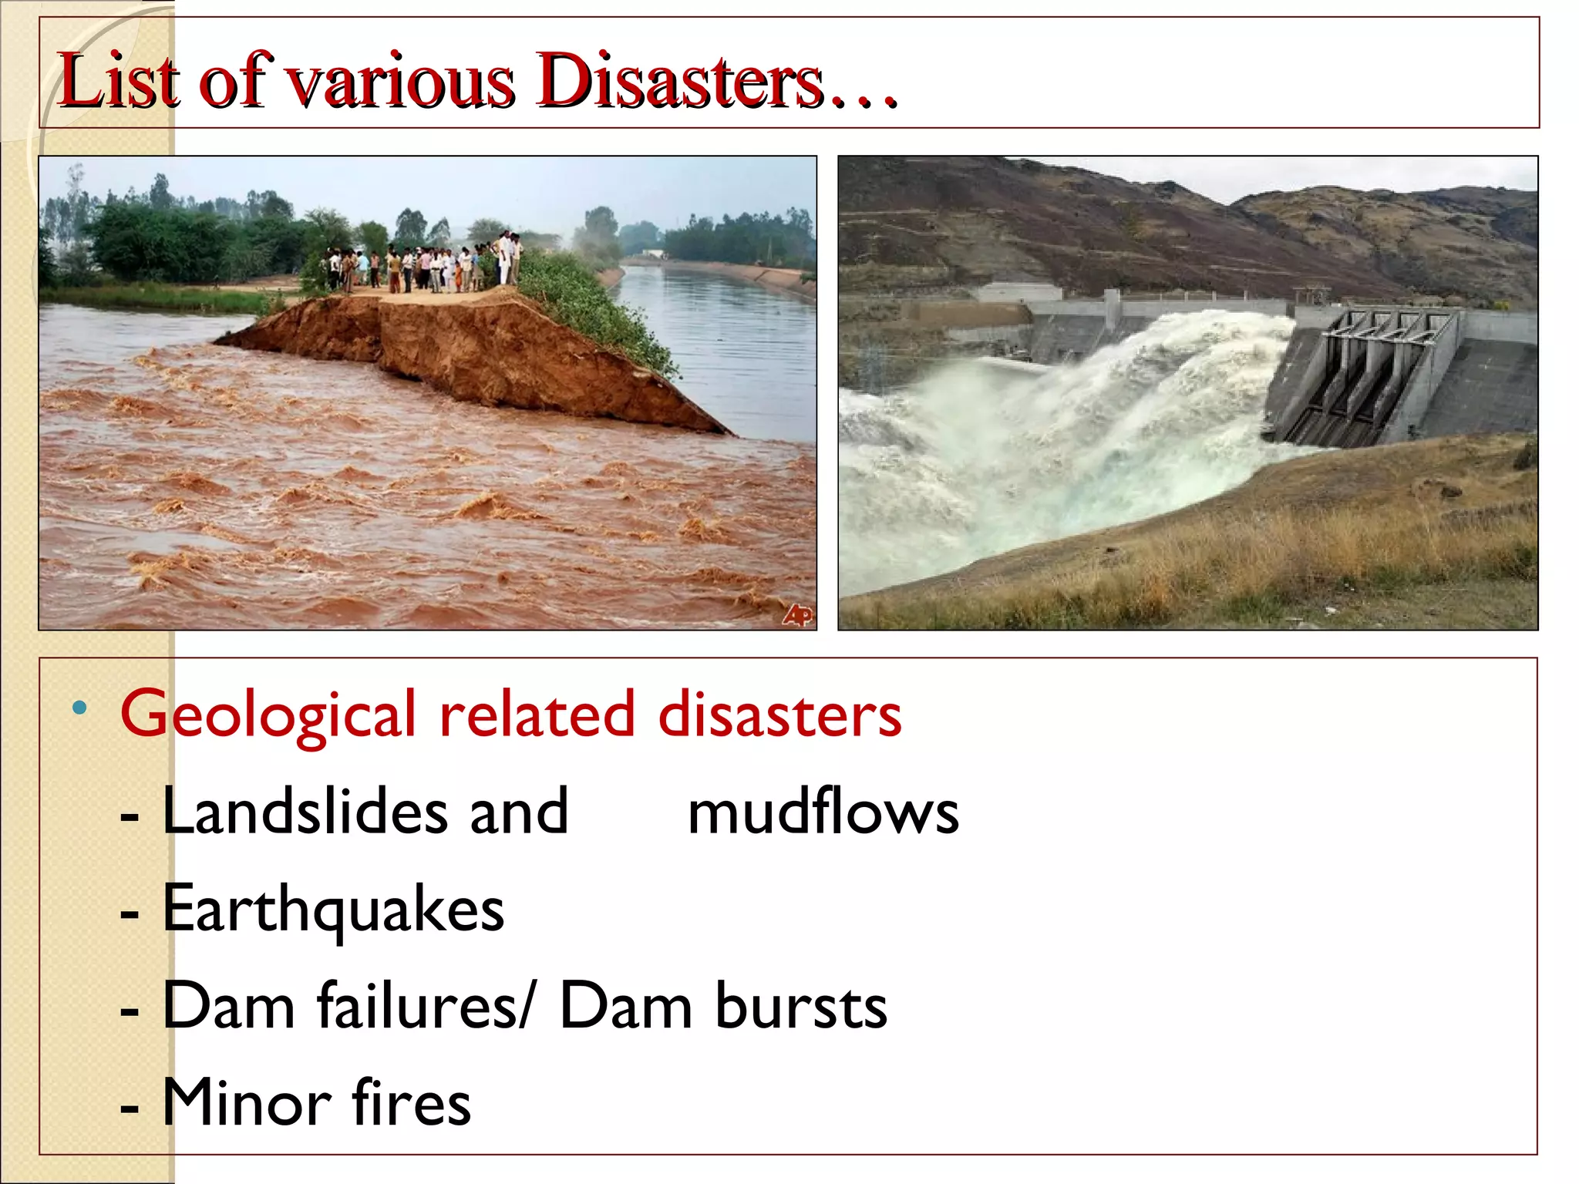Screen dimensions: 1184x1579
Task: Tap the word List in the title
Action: pyautogui.click(x=119, y=80)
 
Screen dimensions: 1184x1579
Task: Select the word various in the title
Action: pyautogui.click(x=400, y=82)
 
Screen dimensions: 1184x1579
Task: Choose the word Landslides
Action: pyautogui.click(x=305, y=811)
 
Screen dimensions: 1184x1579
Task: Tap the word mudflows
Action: pyautogui.click(x=823, y=812)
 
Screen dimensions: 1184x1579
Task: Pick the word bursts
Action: pyautogui.click(x=801, y=1006)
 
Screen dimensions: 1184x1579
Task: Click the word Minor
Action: pyautogui.click(x=247, y=1102)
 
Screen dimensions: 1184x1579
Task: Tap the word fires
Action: pyautogui.click(x=412, y=1102)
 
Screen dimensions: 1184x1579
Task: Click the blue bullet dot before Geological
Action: pyautogui.click(x=79, y=708)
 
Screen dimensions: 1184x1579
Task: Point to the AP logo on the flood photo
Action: pyautogui.click(x=797, y=614)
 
